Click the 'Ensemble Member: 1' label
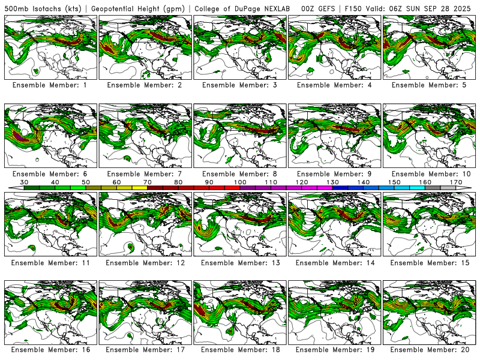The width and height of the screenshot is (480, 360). [50, 85]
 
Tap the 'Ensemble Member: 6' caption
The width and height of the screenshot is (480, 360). [50, 174]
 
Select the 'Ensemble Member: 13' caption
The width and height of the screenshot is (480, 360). [240, 263]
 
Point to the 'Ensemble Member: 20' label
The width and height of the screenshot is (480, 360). [430, 349]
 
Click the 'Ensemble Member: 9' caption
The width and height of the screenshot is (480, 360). [335, 174]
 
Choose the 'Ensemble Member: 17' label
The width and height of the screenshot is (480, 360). [145, 349]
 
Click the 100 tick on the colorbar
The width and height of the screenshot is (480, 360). [240, 182]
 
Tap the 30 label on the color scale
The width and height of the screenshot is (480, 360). [25, 182]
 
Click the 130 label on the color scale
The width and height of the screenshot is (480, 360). [332, 182]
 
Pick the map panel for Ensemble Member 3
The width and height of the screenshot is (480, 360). [240, 47]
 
